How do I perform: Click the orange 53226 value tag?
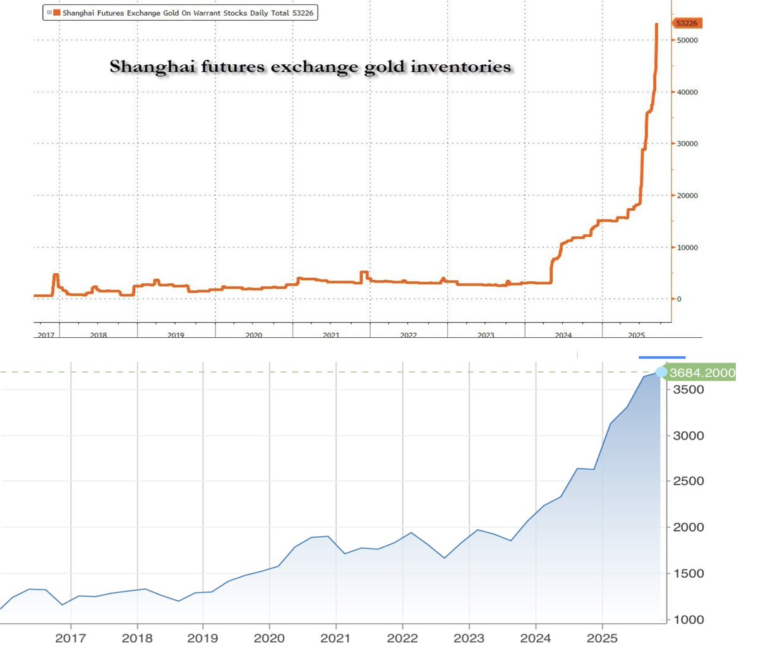pos(687,23)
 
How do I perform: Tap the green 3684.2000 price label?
pos(702,373)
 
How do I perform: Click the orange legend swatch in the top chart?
pos(57,13)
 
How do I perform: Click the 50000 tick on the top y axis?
pos(687,40)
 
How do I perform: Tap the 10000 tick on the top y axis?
pos(687,248)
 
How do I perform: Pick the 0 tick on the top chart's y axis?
pos(679,299)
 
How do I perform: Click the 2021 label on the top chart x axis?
pos(331,335)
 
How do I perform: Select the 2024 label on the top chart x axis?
pos(563,335)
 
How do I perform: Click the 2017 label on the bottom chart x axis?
pos(71,638)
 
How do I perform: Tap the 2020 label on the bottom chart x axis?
pos(270,638)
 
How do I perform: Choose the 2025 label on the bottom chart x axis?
pos(602,638)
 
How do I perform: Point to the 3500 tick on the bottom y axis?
pos(688,390)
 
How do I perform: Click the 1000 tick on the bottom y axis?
pos(688,620)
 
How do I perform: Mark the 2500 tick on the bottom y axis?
pos(688,481)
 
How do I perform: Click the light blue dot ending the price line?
pos(661,373)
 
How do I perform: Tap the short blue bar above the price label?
pos(661,357)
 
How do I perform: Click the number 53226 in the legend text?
pos(303,13)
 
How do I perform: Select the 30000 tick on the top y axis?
pos(687,144)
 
